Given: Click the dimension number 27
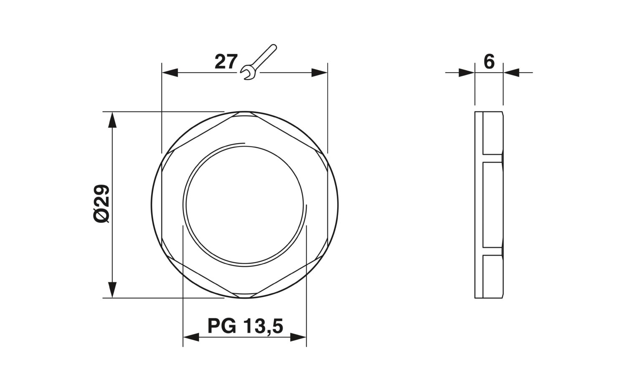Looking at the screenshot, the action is pyautogui.click(x=226, y=62).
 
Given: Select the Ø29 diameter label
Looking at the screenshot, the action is pyautogui.click(x=101, y=204).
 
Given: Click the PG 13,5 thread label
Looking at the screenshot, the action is pyautogui.click(x=245, y=326).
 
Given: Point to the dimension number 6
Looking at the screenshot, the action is pyautogui.click(x=489, y=62).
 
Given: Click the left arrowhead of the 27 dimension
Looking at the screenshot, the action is pyautogui.click(x=170, y=73).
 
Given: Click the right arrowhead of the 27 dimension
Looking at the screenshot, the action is pyautogui.click(x=319, y=73).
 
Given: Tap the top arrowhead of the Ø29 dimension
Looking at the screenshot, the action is pyautogui.click(x=112, y=120).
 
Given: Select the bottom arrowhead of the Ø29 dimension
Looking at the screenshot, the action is pyautogui.click(x=112, y=290).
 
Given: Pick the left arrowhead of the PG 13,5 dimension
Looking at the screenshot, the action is pyautogui.click(x=191, y=337).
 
